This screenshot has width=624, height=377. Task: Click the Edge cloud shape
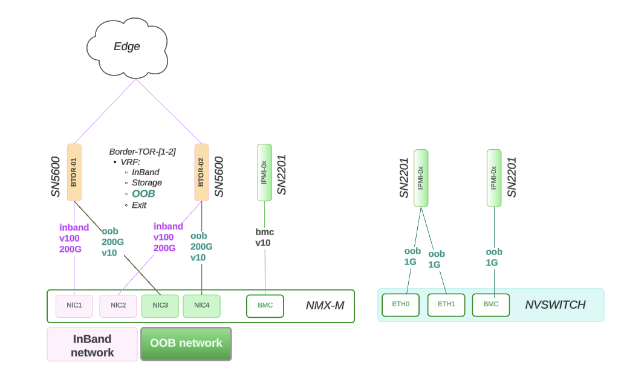(x=127, y=47)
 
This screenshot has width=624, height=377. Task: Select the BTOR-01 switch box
(x=74, y=172)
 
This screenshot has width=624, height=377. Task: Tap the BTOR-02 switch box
(x=201, y=172)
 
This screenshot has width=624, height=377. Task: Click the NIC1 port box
(x=74, y=306)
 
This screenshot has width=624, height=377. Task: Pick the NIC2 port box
(x=118, y=306)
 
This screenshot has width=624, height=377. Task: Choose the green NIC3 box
(x=160, y=306)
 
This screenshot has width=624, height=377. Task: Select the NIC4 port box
(x=201, y=306)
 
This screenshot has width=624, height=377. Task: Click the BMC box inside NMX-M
(x=265, y=306)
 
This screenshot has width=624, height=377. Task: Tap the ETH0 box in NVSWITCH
(x=401, y=304)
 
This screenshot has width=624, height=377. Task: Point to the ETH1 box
(x=446, y=304)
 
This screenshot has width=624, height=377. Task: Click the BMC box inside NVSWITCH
(x=491, y=304)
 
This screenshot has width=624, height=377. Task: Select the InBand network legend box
(x=93, y=345)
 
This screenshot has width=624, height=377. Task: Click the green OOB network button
(x=186, y=344)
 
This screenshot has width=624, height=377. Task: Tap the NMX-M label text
(x=325, y=306)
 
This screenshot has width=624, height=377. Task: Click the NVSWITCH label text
(x=555, y=305)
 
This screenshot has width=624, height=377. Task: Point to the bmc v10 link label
(x=264, y=237)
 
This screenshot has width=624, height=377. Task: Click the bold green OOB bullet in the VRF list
(x=143, y=194)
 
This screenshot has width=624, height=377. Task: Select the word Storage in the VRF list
(x=147, y=182)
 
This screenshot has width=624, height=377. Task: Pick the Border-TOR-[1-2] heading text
(x=142, y=152)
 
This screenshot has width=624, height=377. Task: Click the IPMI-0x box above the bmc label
(x=264, y=172)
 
